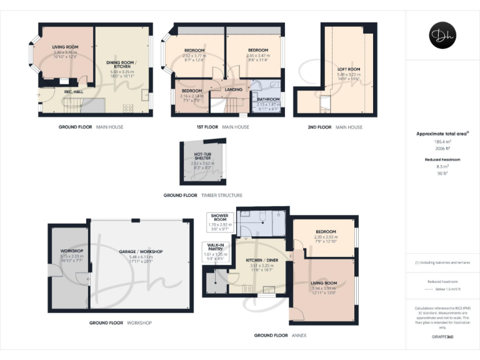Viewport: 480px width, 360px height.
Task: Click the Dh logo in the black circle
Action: point(442,35)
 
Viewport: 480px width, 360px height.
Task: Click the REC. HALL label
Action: point(73,92)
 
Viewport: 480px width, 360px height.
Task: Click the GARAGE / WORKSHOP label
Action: point(141,251)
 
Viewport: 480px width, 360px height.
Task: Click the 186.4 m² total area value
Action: point(442,142)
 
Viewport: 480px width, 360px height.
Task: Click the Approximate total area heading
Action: point(441,134)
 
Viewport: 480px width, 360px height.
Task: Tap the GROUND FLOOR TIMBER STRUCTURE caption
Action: point(202,195)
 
